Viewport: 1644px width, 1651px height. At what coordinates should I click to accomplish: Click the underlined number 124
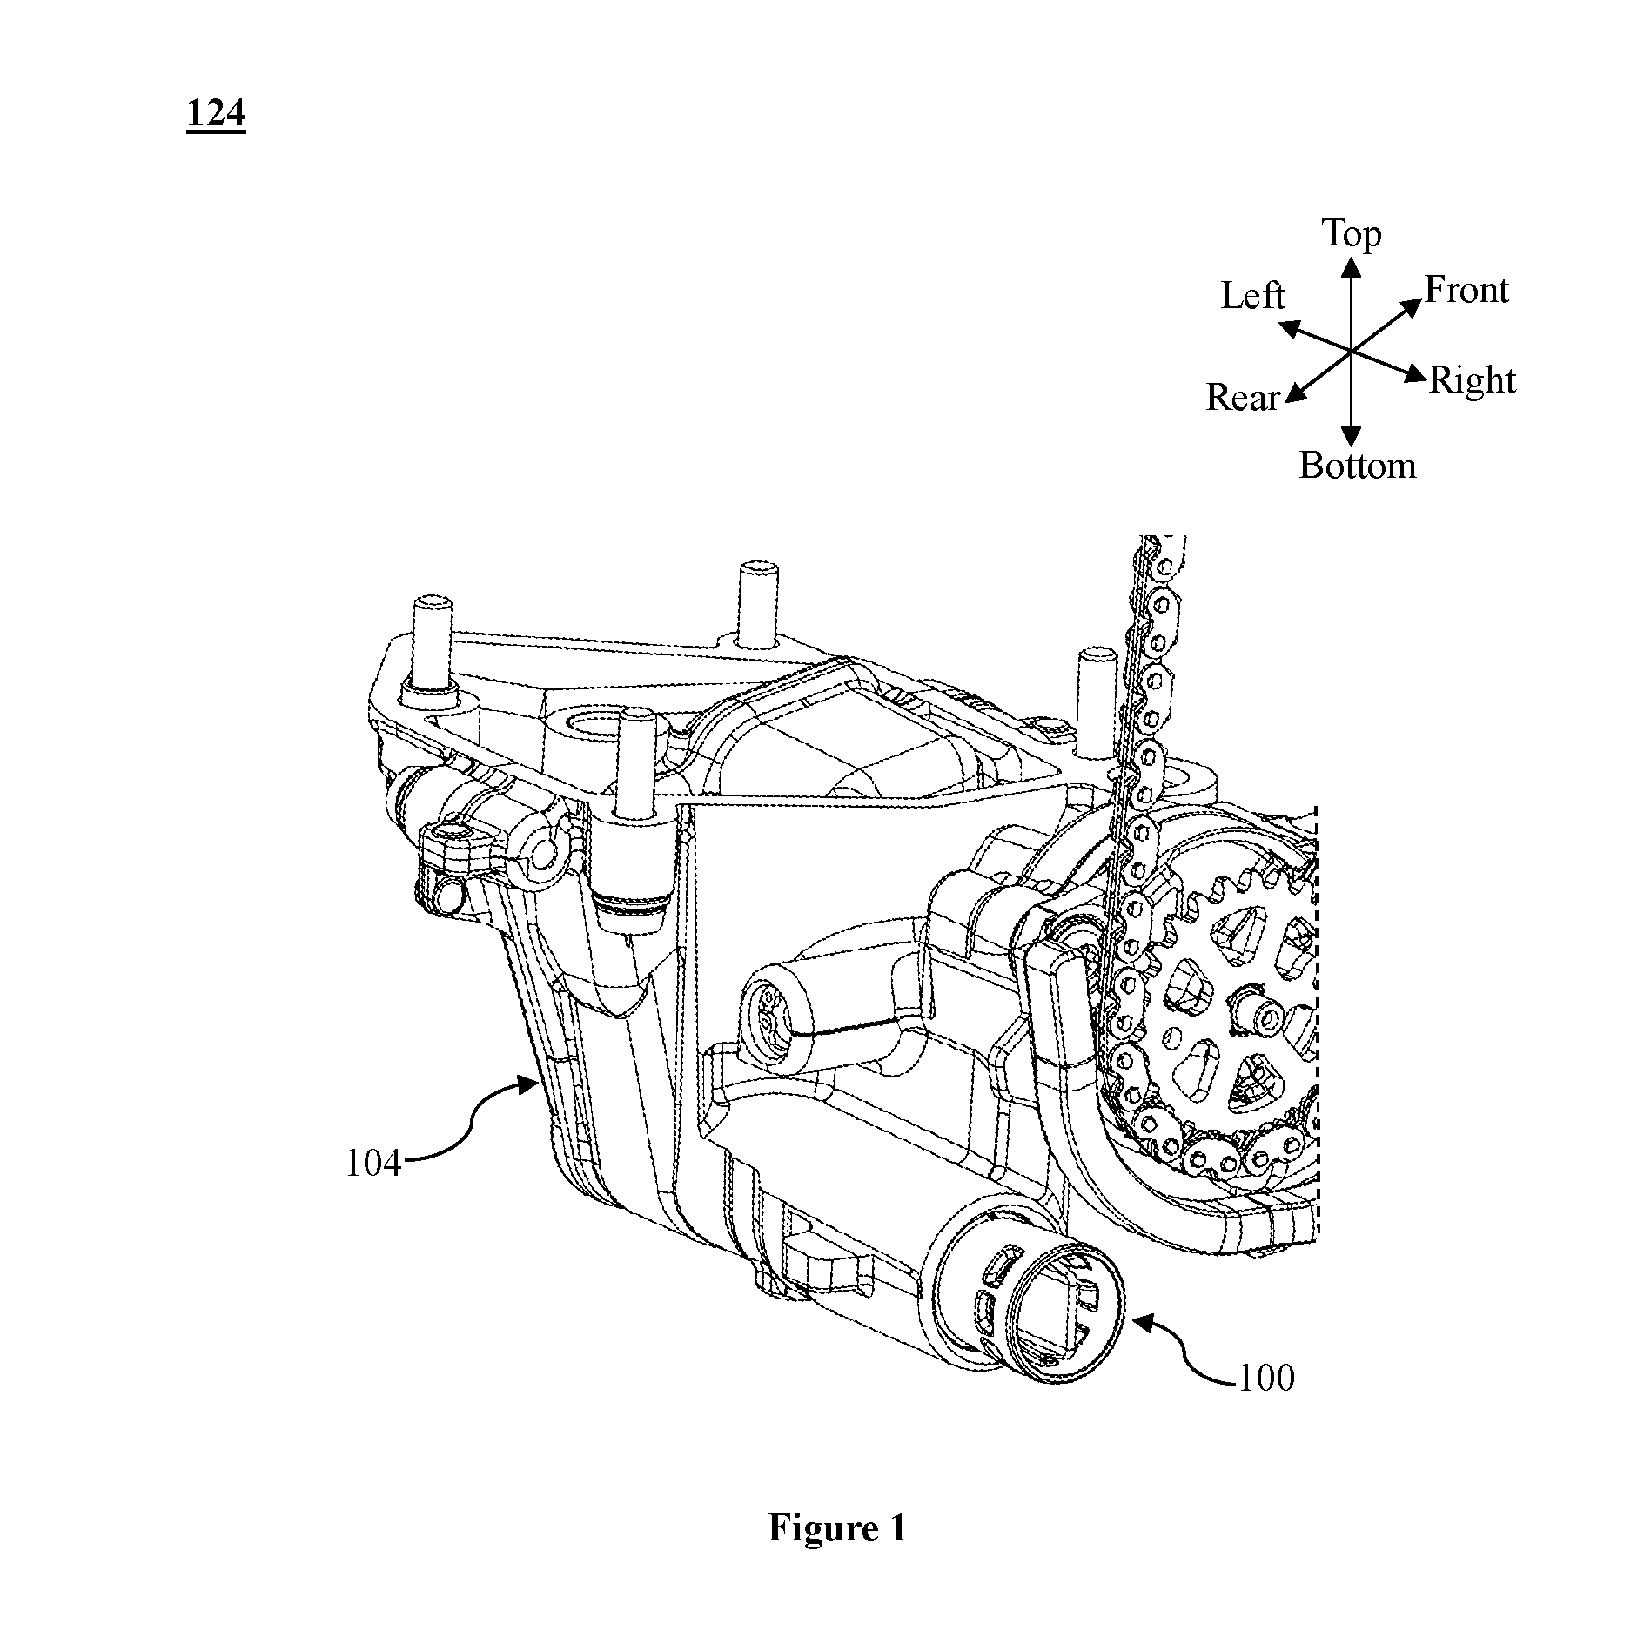(216, 114)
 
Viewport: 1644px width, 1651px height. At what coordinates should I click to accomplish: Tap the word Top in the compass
(1352, 234)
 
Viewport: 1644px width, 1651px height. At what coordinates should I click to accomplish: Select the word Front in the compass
(1466, 290)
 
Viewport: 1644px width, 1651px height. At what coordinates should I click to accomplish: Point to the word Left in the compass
(1252, 296)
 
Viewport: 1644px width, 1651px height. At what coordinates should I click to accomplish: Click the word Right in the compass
(1473, 381)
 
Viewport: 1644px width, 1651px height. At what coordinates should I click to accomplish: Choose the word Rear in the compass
(1243, 398)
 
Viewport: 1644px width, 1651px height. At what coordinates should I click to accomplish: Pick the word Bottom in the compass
(1358, 466)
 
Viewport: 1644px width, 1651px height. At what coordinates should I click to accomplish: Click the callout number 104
(373, 1163)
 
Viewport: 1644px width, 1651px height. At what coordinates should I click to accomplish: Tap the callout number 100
(1265, 1378)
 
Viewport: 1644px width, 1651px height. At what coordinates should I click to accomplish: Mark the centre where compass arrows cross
(1351, 351)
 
